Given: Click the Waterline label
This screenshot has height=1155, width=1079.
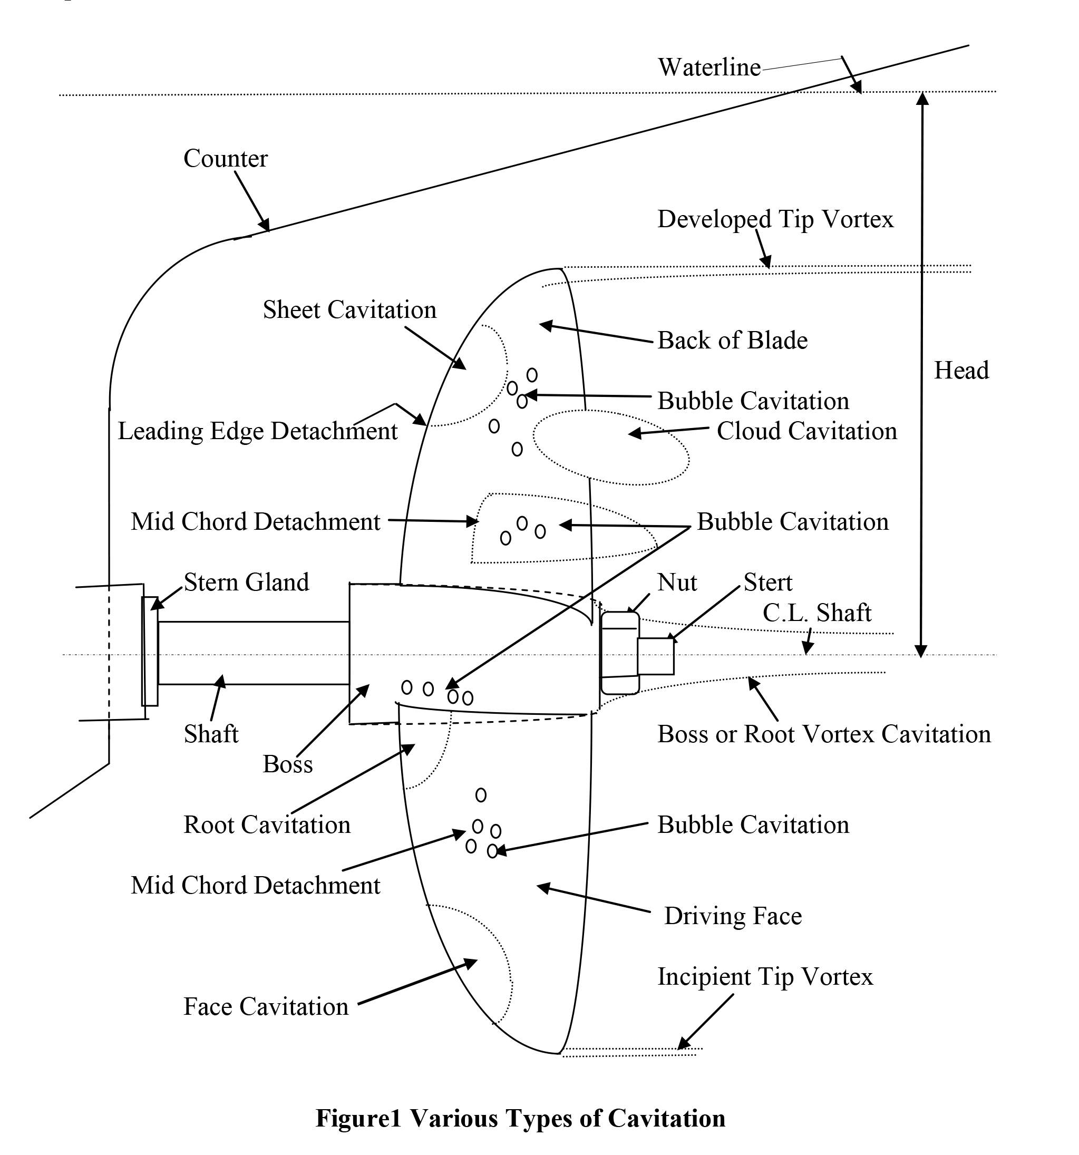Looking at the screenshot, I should pyautogui.click(x=708, y=68).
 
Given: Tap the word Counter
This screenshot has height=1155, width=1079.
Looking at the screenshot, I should pyautogui.click(x=226, y=159).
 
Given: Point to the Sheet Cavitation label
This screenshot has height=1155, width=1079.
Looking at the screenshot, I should pyautogui.click(x=349, y=309).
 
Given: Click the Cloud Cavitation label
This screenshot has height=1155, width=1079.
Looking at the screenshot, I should pyautogui.click(x=806, y=431).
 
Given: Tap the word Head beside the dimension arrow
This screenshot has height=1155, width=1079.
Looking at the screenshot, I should pyautogui.click(x=961, y=371).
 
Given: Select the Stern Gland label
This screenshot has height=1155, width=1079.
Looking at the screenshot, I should pyautogui.click(x=246, y=582).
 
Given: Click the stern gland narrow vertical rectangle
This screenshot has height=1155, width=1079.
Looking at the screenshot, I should pyautogui.click(x=150, y=651).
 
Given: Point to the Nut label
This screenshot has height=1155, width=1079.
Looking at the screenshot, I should pyautogui.click(x=677, y=582).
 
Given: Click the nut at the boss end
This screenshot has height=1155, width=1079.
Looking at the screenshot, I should pyautogui.click(x=619, y=653).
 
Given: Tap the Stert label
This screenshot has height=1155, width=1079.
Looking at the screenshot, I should pyautogui.click(x=767, y=582).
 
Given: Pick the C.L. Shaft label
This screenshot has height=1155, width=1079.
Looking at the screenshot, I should pyautogui.click(x=816, y=613).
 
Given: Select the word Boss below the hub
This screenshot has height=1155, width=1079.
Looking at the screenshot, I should pyautogui.click(x=288, y=764).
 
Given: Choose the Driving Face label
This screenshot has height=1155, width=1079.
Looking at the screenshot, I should pyautogui.click(x=733, y=916).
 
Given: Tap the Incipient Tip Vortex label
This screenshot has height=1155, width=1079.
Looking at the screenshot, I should pyautogui.click(x=765, y=977).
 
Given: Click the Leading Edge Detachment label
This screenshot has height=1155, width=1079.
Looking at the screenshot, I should pyautogui.click(x=257, y=431).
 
